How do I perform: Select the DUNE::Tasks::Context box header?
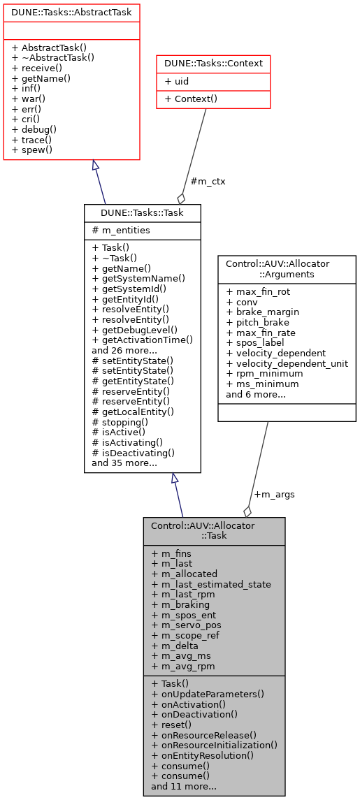[x=213, y=63]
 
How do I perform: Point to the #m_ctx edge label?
[x=208, y=181]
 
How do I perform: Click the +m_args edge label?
[x=274, y=494]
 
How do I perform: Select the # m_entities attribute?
[x=120, y=230]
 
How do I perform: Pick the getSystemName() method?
[x=138, y=277]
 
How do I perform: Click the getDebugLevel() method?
[x=134, y=329]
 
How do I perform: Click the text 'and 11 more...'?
[x=183, y=786]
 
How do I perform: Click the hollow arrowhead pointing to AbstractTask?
[x=95, y=166]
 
